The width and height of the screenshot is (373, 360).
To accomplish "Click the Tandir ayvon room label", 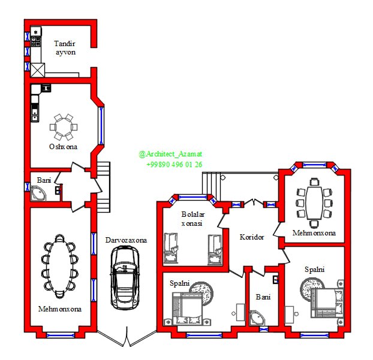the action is [65, 48].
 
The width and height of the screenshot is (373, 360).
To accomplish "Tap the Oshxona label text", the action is [63, 147].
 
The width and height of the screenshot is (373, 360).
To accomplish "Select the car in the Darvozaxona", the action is [125, 277].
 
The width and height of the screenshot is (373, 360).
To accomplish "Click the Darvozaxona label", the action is [126, 240].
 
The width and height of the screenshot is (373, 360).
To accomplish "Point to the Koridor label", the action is [252, 237].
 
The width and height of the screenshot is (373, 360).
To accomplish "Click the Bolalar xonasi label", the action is [192, 219].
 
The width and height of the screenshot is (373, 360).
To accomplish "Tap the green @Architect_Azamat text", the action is [170, 154].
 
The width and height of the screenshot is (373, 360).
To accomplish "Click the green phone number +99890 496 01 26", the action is [175, 165].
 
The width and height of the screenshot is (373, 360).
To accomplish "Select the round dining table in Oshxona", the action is [64, 127].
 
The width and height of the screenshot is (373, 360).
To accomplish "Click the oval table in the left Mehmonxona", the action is [60, 266].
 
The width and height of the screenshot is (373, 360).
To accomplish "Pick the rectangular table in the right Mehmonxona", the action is [314, 203].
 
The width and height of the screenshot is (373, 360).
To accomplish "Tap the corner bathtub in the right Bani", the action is [257, 318].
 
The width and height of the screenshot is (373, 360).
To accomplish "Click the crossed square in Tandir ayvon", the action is [38, 70].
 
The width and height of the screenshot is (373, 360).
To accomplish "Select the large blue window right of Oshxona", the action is [101, 126].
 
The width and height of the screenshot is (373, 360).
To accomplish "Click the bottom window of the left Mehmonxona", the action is [61, 335].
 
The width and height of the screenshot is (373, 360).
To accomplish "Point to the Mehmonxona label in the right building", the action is [314, 233].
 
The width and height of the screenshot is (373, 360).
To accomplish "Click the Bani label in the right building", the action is [263, 297].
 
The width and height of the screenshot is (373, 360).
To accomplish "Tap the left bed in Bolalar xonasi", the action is [171, 248].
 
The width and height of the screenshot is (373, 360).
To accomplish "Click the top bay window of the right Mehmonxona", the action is [314, 165].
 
